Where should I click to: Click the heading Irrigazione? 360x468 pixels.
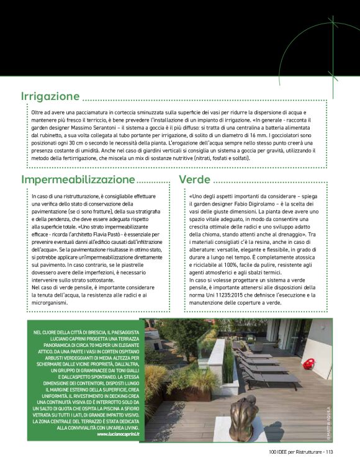pyautogui.click(x=50, y=97)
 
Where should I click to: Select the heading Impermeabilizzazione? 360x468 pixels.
pyautogui.click(x=78, y=180)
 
